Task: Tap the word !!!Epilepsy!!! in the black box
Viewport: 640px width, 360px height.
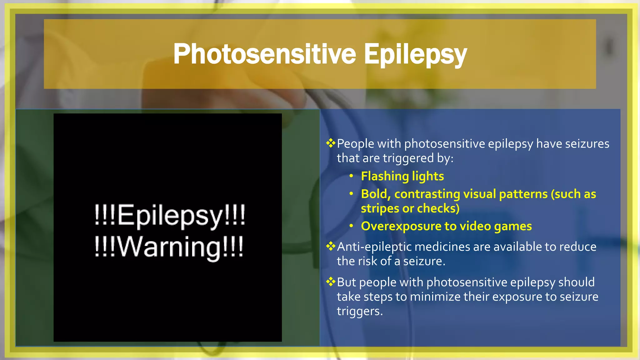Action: [x=170, y=215]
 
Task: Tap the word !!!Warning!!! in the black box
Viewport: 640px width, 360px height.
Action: [x=169, y=247]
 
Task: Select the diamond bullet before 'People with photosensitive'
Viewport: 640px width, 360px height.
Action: [x=330, y=143]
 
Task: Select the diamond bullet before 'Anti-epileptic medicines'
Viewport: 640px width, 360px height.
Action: [x=330, y=247]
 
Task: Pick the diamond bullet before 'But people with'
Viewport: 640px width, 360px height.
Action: [x=330, y=282]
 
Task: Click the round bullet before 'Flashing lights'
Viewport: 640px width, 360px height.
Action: [x=351, y=176]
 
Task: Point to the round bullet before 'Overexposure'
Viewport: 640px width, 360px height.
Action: [x=351, y=226]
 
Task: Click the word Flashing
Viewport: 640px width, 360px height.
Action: [x=385, y=176]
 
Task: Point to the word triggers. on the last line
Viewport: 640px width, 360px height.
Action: [x=359, y=311]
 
